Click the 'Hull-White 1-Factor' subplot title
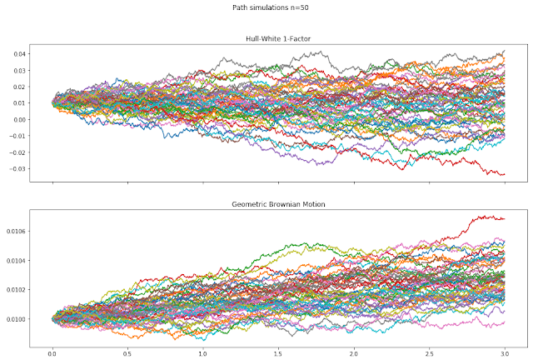(x=279, y=40)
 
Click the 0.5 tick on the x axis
(x=128, y=353)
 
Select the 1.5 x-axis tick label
(x=279, y=353)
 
